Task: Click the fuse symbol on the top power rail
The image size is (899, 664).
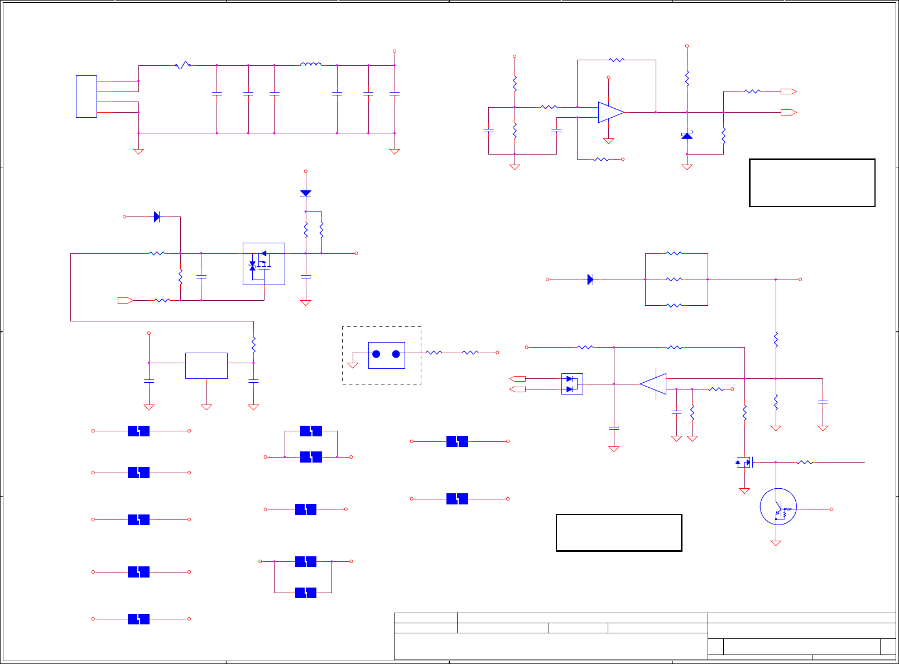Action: (x=183, y=65)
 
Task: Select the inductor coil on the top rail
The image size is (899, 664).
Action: (x=311, y=65)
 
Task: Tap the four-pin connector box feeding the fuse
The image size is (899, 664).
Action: (x=86, y=97)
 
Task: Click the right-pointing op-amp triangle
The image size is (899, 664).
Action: (x=610, y=112)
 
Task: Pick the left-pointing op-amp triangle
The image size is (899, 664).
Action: (x=653, y=384)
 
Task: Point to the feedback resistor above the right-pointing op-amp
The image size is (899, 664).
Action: (x=617, y=60)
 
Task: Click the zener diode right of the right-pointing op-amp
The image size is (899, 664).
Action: (x=687, y=136)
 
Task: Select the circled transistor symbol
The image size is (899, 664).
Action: (x=778, y=507)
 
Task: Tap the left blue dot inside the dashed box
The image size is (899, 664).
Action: (x=376, y=354)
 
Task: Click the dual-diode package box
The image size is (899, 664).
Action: (x=572, y=384)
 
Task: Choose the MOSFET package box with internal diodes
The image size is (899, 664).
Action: (x=264, y=264)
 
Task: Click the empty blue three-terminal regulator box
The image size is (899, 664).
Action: (x=206, y=365)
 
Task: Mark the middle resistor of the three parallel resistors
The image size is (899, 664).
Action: (x=674, y=280)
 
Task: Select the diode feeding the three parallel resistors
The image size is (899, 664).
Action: (x=590, y=280)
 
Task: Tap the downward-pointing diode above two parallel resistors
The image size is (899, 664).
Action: (x=305, y=193)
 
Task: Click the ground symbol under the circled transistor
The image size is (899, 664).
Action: (x=776, y=543)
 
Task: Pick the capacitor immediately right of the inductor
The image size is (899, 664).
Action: (x=337, y=94)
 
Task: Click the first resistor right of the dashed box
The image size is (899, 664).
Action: (x=434, y=353)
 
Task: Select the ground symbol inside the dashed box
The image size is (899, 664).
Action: (x=353, y=365)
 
